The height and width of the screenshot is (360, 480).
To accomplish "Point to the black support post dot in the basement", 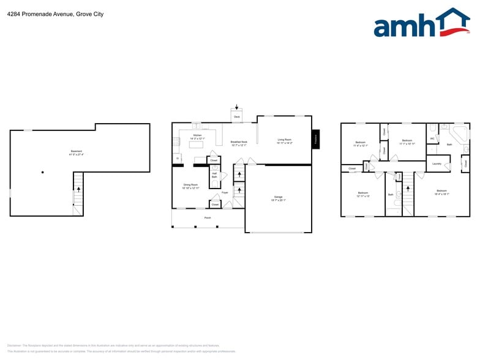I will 42,172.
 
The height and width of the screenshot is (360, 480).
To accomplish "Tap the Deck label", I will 237,116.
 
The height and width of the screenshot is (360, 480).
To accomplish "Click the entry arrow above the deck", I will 237,107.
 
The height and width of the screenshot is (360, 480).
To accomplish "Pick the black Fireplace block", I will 316,139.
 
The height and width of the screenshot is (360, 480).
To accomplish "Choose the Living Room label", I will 284,141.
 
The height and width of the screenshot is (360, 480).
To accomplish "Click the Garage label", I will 278,198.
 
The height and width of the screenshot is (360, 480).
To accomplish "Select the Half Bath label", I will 214,175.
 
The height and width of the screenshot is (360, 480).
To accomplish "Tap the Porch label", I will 208,217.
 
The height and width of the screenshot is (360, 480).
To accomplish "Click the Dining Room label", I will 190,186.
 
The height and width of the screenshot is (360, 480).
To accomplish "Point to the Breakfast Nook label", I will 239,143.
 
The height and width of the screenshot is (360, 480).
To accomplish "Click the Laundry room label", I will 437,163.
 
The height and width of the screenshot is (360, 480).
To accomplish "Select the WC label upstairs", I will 432,138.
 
